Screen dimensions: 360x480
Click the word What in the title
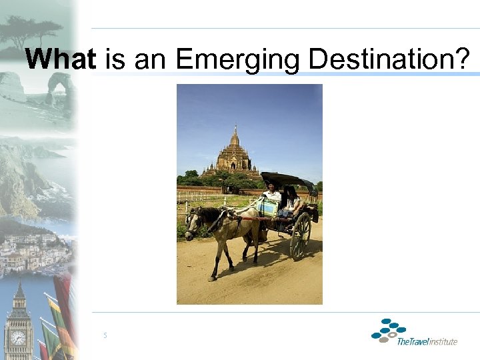pos(60,60)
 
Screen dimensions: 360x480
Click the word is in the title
pos(115,60)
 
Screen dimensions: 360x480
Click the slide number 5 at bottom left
pos(105,335)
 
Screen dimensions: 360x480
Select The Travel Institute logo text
pos(427,342)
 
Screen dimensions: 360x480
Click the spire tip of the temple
pos(235,127)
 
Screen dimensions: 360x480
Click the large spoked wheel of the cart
pos(299,236)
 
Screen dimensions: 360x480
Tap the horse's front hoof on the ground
pos(213,277)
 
